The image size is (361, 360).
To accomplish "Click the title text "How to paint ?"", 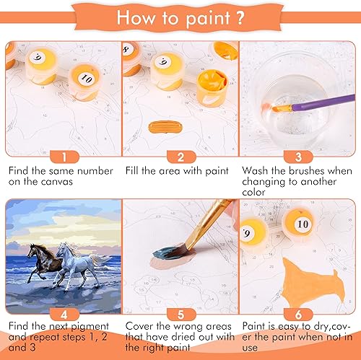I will click(180, 17).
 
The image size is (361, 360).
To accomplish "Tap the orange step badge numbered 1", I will click(63, 156).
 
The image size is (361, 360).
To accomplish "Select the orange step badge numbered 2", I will click(180, 156).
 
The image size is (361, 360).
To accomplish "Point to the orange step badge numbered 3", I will click(297, 156).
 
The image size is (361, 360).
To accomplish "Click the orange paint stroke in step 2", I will click(168, 127).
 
